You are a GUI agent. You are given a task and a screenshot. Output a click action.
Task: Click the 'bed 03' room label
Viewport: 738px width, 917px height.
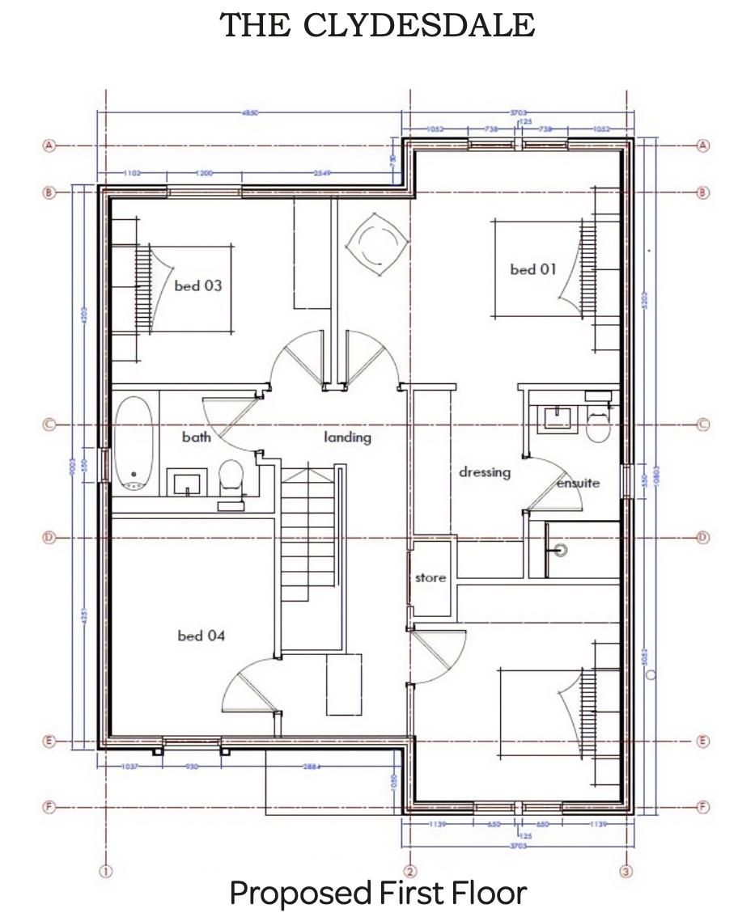197,285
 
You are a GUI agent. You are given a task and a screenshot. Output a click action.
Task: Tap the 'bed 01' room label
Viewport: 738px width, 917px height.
533,269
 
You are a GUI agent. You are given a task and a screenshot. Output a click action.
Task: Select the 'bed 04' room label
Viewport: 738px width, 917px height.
201,636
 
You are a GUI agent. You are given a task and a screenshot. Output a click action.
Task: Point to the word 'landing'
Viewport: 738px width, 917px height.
348,437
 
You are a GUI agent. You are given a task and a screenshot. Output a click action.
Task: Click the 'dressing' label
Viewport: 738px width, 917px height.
485,471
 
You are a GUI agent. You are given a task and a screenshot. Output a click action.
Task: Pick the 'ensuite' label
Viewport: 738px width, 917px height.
578,483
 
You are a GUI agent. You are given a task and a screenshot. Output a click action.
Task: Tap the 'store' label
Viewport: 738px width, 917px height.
430,578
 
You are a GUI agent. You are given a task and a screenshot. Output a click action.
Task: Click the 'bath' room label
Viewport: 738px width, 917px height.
197,437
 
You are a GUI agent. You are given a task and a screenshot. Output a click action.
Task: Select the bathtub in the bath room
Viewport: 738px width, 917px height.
134,443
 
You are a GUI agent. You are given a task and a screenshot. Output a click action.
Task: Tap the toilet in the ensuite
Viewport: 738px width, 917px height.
598,425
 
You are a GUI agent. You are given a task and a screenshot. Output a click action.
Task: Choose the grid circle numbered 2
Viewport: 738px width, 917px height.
410,871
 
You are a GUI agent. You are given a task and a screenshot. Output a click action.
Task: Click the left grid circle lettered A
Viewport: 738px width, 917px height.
49,146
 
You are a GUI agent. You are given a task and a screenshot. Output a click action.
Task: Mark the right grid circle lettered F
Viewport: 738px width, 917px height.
702,807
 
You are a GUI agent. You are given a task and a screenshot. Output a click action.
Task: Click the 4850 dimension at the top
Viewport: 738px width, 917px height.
251,113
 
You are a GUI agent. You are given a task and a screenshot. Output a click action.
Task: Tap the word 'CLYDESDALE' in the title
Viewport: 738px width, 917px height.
419,25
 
